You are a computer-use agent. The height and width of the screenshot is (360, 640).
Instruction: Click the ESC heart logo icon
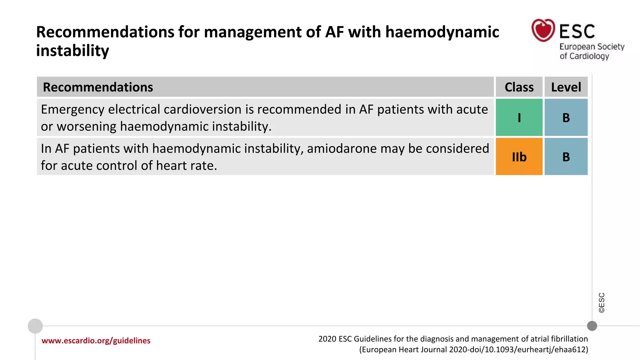pyautogui.click(x=543, y=30)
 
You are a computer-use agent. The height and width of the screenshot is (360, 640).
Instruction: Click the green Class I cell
pyautogui.click(x=519, y=117)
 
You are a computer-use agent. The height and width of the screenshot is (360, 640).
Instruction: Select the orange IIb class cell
pyautogui.click(x=519, y=157)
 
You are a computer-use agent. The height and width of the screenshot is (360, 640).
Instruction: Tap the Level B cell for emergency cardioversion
pyautogui.click(x=566, y=117)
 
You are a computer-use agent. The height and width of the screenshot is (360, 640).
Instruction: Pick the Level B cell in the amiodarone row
pyautogui.click(x=566, y=157)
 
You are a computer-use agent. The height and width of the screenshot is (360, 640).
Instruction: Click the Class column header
pyautogui.click(x=519, y=87)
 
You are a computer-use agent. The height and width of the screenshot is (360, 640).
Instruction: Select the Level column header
pyautogui.click(x=566, y=87)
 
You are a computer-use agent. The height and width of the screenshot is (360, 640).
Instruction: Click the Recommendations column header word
pyautogui.click(x=98, y=87)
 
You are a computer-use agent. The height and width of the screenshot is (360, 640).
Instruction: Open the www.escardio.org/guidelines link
pyautogui.click(x=96, y=341)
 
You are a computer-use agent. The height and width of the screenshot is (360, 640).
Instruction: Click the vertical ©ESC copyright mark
pyautogui.click(x=602, y=302)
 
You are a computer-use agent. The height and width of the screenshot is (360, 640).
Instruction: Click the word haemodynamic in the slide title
pyautogui.click(x=442, y=32)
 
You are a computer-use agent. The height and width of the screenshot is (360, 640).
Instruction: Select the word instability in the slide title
pyautogui.click(x=72, y=51)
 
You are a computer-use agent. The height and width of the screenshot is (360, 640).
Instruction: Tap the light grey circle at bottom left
pyautogui.click(x=35, y=326)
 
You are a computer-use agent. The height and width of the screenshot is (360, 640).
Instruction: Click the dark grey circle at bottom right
pyautogui.click(x=592, y=326)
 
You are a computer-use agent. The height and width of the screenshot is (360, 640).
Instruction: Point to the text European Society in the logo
pyautogui.click(x=592, y=47)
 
